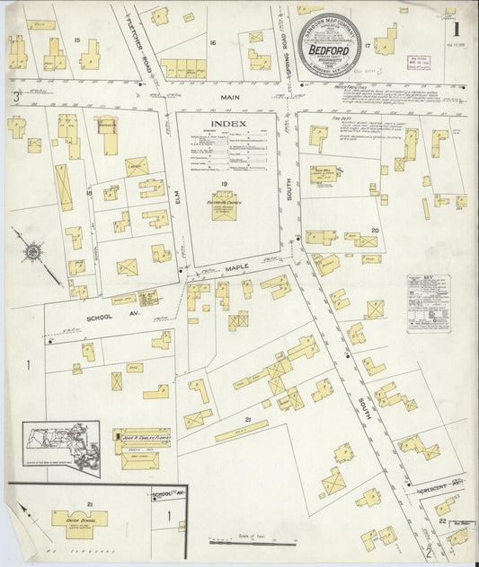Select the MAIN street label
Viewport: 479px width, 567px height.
[228, 97]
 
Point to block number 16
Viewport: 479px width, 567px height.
[213, 41]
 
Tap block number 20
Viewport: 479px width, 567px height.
[375, 230]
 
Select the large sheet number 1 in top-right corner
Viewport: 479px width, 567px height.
[459, 65]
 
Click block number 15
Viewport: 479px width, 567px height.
[77, 40]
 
